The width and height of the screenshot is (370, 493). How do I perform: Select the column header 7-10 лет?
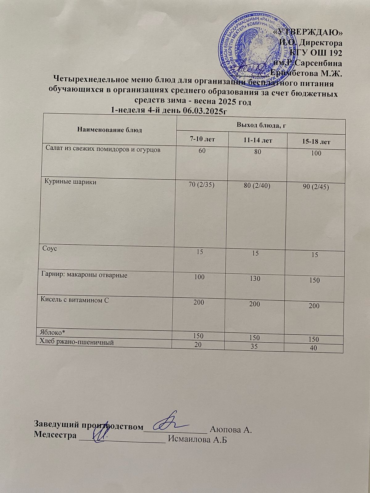(202, 139)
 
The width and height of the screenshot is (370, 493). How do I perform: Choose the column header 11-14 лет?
(258, 141)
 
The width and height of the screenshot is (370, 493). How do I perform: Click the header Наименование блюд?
(109, 130)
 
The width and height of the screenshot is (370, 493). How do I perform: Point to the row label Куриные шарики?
(71, 182)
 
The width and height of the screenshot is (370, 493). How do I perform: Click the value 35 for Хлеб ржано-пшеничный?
(254, 347)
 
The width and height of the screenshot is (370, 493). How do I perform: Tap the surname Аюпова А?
(231, 429)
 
